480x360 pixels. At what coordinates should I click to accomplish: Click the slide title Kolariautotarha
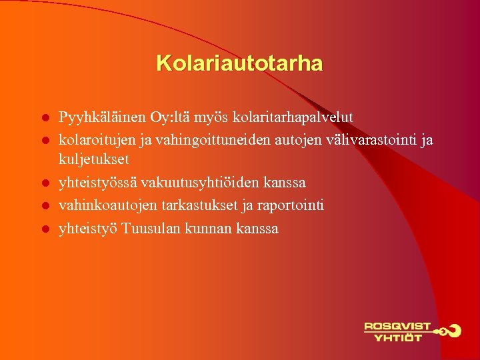pyautogui.click(x=239, y=64)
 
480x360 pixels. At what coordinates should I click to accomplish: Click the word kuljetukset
pyautogui.click(x=94, y=160)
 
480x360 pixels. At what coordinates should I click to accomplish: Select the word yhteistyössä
pyautogui.click(x=97, y=183)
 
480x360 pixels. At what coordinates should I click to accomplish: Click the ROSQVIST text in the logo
pyautogui.click(x=397, y=327)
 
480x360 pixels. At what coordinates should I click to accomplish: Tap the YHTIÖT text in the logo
pyautogui.click(x=398, y=338)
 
